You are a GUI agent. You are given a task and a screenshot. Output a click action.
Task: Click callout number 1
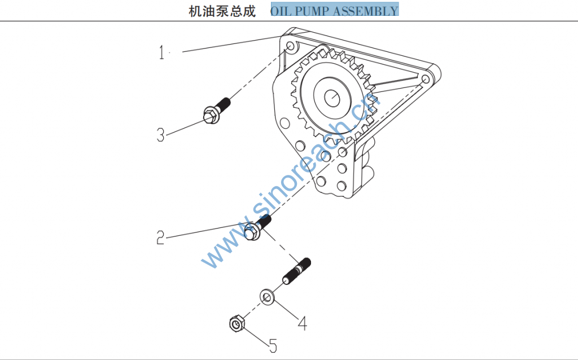click(162, 53)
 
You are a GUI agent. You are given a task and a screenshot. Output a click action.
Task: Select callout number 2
click(161, 238)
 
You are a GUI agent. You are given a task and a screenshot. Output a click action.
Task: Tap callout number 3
click(161, 135)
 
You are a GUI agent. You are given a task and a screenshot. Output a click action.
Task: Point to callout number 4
click(303, 323)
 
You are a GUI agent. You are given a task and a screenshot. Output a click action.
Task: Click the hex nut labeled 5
click(236, 324)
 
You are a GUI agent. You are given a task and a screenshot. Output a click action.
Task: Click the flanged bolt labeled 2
click(257, 226)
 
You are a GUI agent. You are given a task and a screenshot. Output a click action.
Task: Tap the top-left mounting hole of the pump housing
click(290, 45)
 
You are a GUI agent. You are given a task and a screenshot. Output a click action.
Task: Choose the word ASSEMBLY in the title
click(370, 11)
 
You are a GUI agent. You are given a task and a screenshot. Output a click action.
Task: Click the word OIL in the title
click(282, 11)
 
